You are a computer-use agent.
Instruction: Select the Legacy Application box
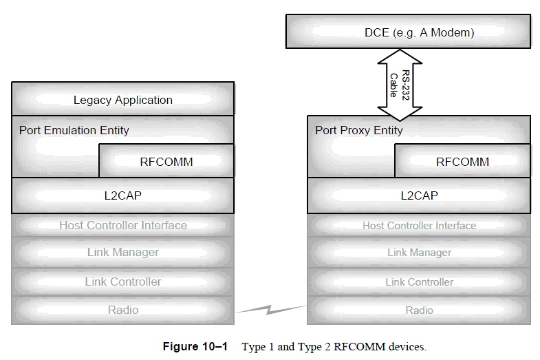(123, 100)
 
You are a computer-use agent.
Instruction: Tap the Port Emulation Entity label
(74, 130)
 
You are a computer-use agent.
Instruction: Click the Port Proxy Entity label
(358, 130)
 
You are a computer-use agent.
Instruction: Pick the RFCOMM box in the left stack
(166, 162)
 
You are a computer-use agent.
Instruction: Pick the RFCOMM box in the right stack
(462, 162)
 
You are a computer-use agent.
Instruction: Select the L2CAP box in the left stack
(123, 195)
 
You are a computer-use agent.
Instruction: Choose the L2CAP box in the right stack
(419, 195)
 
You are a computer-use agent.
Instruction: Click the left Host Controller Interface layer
(123, 225)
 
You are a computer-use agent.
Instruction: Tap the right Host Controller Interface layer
(419, 226)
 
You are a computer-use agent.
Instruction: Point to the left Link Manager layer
(123, 253)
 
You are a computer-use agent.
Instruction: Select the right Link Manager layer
(419, 253)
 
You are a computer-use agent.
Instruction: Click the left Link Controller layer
(123, 282)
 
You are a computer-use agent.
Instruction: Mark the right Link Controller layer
(419, 282)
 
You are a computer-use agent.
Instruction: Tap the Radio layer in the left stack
(123, 310)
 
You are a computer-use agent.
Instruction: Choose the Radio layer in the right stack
(419, 310)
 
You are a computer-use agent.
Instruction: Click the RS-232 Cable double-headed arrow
(398, 84)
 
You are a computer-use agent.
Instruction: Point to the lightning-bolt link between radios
(270, 310)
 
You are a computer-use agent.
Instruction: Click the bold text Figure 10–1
(195, 346)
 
